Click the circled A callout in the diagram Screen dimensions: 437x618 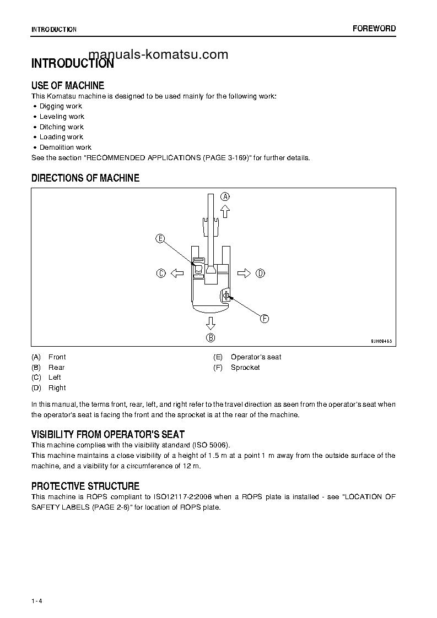[225, 196]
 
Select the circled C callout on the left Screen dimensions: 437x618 [161, 273]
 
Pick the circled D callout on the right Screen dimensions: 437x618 [260, 273]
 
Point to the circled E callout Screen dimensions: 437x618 [160, 238]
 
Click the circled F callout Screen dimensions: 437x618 [264, 318]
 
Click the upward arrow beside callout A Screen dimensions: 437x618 [225, 211]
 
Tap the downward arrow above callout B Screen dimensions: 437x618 [211, 322]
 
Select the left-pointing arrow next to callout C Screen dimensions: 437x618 [176, 273]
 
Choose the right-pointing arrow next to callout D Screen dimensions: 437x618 [244, 273]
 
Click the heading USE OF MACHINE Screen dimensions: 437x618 [68, 85]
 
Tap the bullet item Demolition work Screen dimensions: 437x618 [65, 147]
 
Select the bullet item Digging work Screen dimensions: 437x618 [61, 106]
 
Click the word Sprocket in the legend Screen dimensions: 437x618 [245, 367]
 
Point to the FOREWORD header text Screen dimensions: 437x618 [374, 29]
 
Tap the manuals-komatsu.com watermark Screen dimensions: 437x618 [158, 54]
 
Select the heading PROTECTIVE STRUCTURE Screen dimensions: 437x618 [85, 486]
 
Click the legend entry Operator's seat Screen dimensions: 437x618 [256, 357]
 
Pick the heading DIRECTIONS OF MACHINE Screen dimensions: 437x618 [85, 178]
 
